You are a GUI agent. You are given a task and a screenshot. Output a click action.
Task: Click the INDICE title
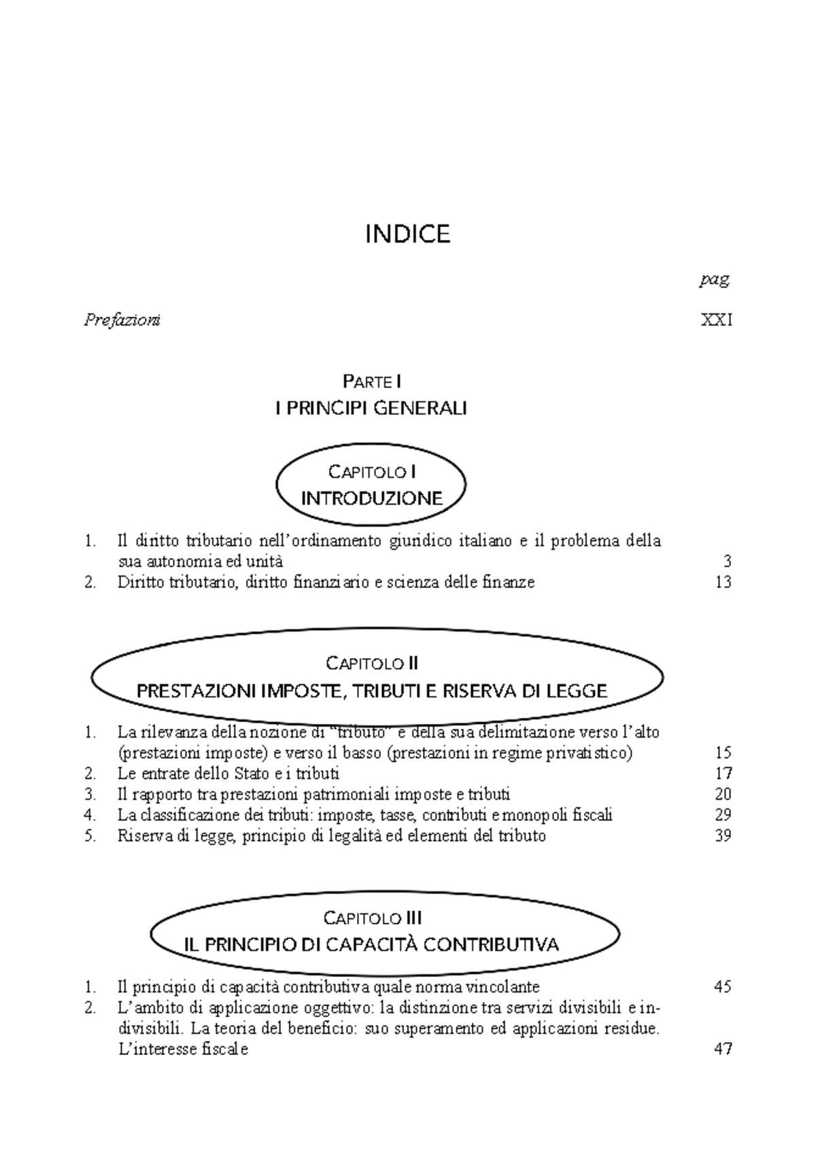(407, 234)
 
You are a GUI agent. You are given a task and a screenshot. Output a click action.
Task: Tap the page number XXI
(717, 320)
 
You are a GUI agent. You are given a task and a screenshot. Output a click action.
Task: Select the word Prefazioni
(122, 320)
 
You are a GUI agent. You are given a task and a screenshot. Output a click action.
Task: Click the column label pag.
(715, 279)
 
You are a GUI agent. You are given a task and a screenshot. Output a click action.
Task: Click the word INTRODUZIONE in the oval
(371, 498)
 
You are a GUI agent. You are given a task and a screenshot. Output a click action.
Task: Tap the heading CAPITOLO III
(373, 918)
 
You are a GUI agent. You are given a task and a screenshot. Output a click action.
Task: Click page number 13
(723, 582)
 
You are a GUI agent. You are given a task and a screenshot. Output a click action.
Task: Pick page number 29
(723, 814)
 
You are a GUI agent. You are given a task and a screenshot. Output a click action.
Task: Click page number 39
(723, 836)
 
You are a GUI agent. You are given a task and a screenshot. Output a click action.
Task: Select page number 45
(723, 986)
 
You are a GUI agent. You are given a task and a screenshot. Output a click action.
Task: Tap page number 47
(723, 1049)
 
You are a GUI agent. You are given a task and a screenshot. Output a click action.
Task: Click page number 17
(723, 773)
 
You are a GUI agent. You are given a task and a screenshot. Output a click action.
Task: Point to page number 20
(723, 794)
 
